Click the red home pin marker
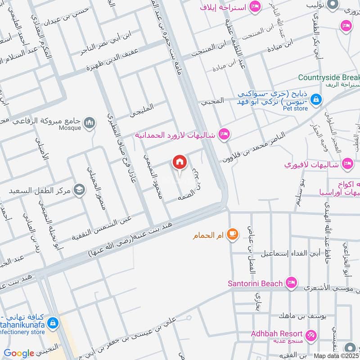coord(180,163)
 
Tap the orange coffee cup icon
coord(232,234)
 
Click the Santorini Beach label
coord(255,283)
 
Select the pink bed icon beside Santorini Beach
coord(292,283)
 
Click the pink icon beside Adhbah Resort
coord(310,335)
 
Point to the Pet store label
coord(295,108)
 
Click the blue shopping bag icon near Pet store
coord(316,99)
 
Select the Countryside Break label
coord(329,77)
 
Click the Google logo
coord(19,354)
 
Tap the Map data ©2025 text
coord(337,355)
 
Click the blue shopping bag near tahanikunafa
coord(53,323)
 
